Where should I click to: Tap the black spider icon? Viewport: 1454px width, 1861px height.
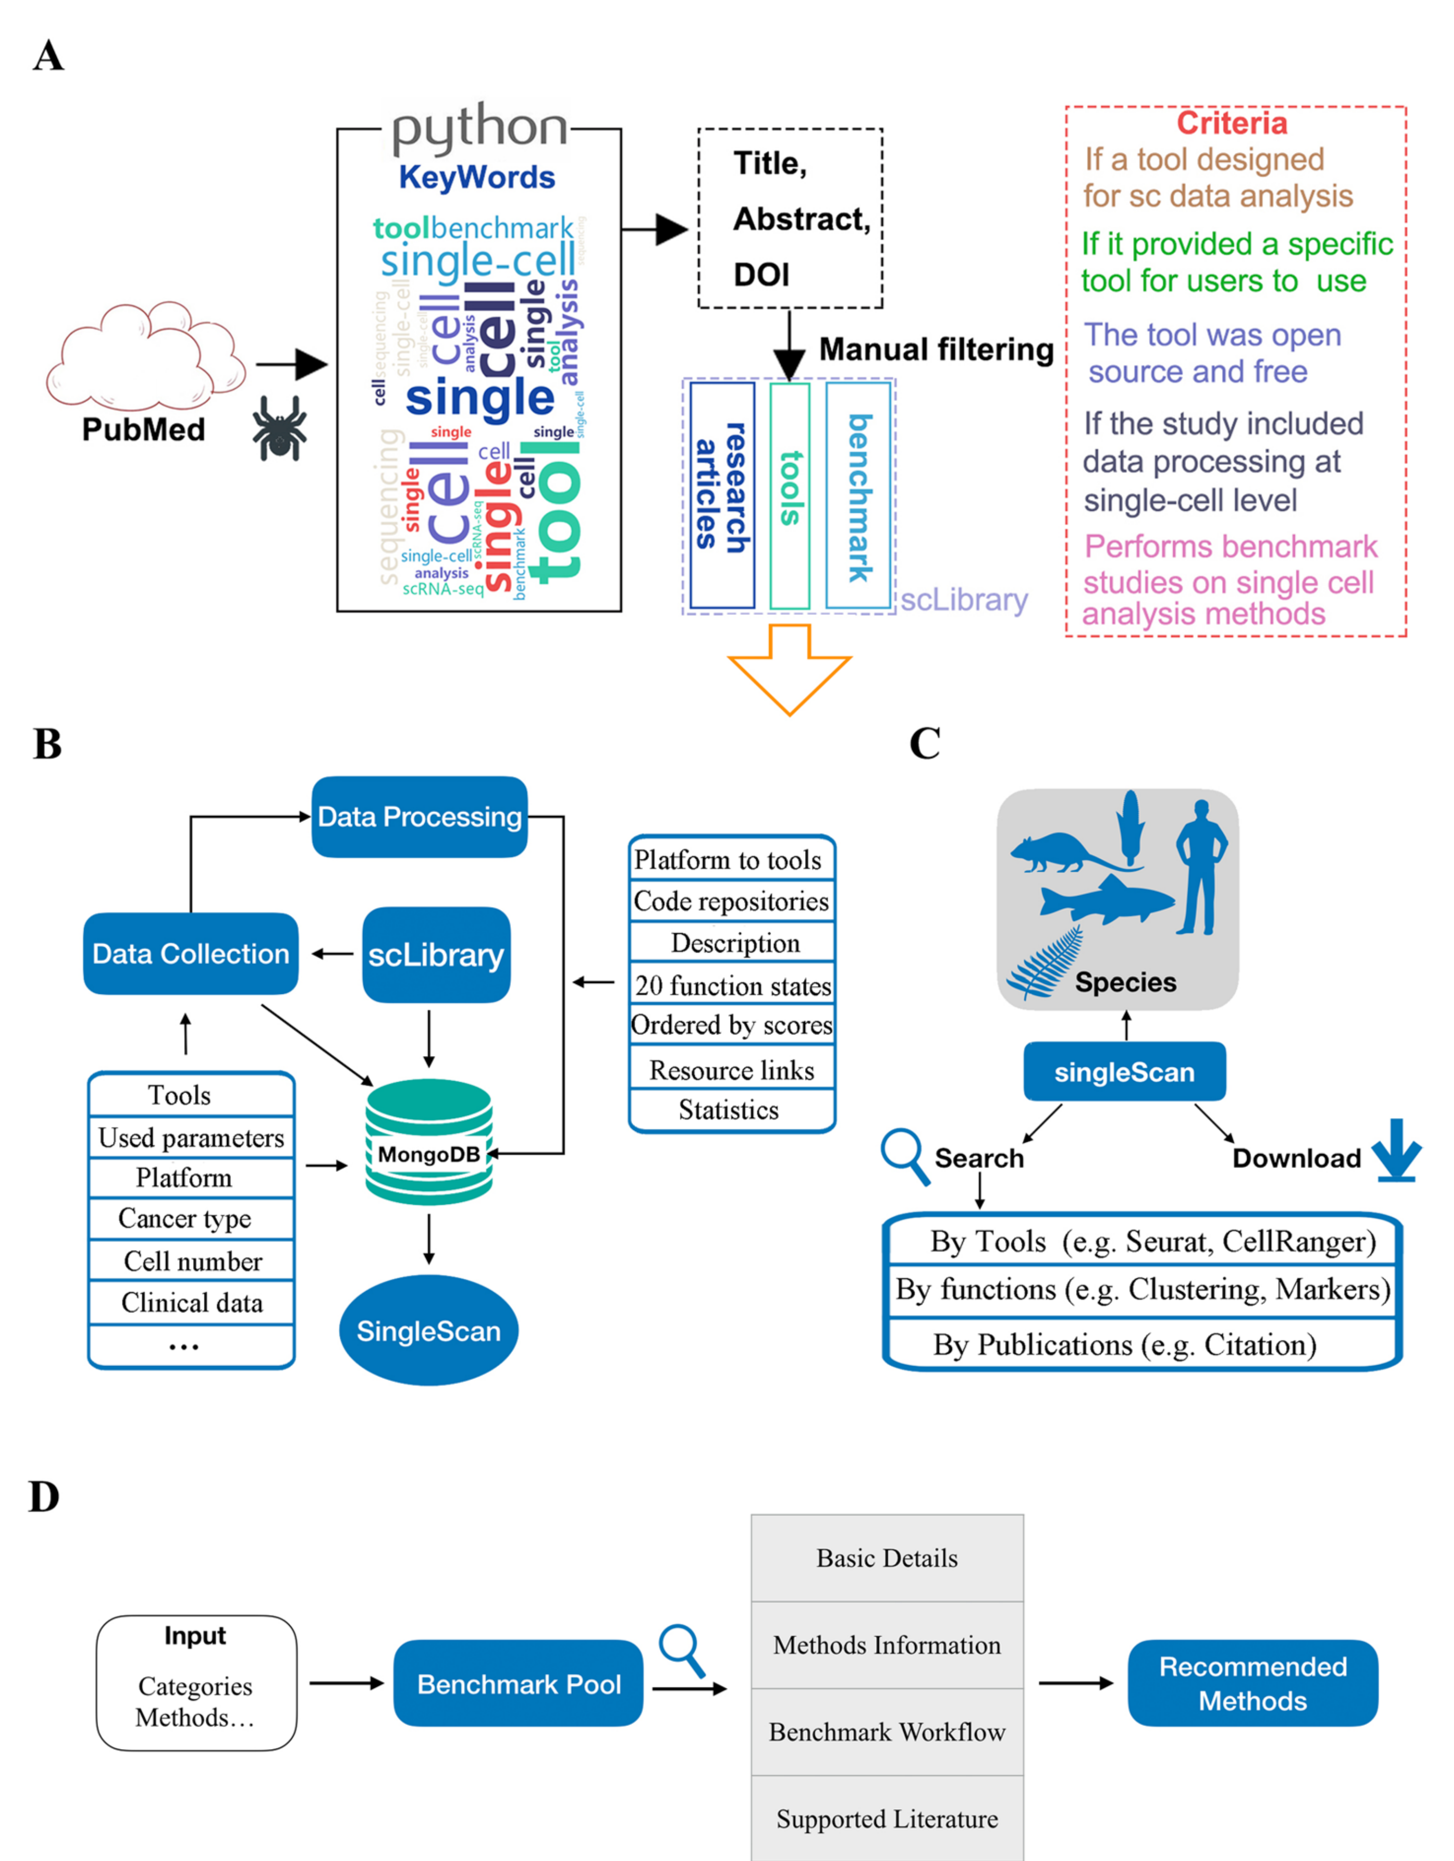click(x=279, y=428)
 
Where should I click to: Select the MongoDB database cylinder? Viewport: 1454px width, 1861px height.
click(x=429, y=1142)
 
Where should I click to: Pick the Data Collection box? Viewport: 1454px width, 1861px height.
click(x=191, y=953)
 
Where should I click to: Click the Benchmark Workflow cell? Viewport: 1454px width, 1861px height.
click(x=887, y=1732)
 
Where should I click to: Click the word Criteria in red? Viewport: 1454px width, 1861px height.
click(x=1232, y=124)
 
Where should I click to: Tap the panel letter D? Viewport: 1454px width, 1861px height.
click(x=44, y=1497)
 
